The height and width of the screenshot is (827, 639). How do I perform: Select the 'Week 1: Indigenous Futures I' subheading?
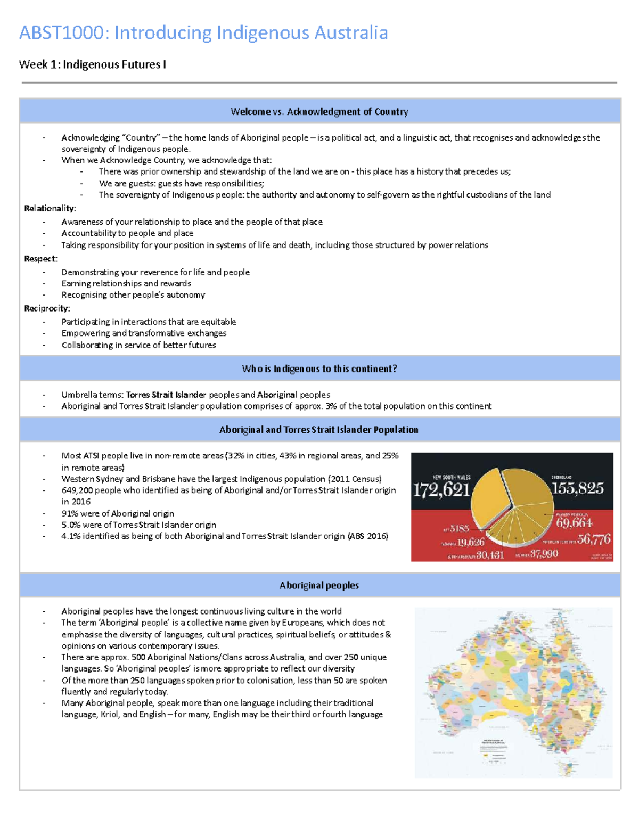pyautogui.click(x=92, y=64)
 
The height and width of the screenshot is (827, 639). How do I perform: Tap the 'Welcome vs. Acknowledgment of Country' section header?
pyautogui.click(x=319, y=111)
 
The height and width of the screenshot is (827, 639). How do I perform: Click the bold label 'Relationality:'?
pyautogui.click(x=50, y=208)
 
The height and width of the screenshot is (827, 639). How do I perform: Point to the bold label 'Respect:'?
pyautogui.click(x=40, y=259)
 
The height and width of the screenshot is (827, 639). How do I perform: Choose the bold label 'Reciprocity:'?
pyautogui.click(x=47, y=308)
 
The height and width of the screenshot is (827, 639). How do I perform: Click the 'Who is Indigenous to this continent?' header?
pyautogui.click(x=319, y=369)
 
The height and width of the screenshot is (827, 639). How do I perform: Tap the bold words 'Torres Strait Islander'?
pyautogui.click(x=166, y=395)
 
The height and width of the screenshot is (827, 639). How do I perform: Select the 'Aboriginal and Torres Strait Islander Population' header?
pyautogui.click(x=319, y=430)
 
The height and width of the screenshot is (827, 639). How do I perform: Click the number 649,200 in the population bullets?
pyautogui.click(x=77, y=490)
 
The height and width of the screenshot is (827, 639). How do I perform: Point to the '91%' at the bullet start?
pyautogui.click(x=70, y=513)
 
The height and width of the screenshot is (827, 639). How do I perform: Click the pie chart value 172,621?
pyautogui.click(x=441, y=489)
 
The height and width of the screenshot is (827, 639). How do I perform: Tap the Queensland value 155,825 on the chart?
pyautogui.click(x=578, y=488)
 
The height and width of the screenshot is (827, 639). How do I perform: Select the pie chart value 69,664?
pyautogui.click(x=574, y=523)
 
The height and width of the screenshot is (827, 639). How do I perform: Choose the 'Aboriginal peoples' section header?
pyautogui.click(x=319, y=585)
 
